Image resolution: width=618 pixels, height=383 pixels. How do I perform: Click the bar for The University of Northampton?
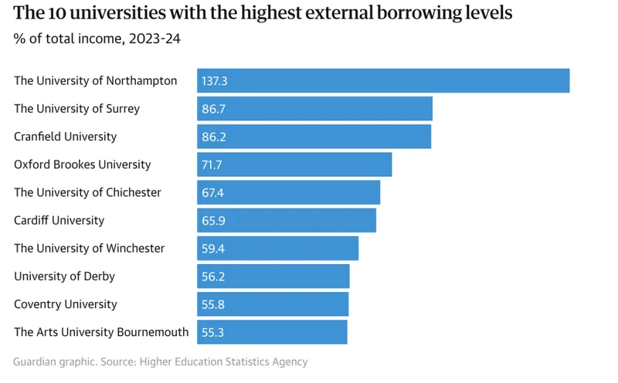(x=383, y=80)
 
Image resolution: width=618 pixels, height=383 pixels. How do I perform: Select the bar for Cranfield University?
(x=314, y=137)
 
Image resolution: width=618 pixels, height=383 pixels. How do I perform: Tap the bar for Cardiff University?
(x=287, y=220)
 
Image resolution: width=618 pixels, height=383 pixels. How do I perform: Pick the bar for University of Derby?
(x=273, y=276)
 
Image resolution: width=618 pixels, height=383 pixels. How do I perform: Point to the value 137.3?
(x=215, y=81)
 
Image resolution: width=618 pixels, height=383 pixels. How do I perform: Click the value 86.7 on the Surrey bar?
(x=213, y=109)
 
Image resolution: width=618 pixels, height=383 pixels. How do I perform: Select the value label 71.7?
(x=212, y=164)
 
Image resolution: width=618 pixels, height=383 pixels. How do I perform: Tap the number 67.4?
(x=213, y=192)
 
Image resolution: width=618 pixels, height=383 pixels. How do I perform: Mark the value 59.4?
(x=213, y=249)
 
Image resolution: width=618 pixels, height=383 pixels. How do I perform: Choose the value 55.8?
(x=213, y=304)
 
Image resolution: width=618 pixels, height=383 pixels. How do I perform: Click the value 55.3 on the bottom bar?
(x=213, y=332)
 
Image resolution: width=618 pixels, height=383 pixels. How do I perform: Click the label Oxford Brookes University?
(x=83, y=164)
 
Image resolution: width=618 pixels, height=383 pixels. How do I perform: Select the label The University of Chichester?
(x=87, y=192)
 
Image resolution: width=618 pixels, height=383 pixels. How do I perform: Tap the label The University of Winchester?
(x=89, y=249)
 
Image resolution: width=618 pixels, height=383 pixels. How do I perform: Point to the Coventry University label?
(x=66, y=304)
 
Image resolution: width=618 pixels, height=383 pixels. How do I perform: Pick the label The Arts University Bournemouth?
(x=101, y=332)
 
